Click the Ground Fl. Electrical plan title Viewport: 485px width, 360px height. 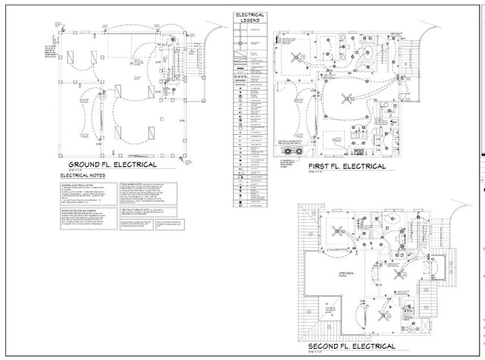[x=112, y=164]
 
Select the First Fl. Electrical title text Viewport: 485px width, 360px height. [x=346, y=166]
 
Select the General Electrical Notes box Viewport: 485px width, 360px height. [x=84, y=193]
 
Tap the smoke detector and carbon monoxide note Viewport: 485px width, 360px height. [x=84, y=220]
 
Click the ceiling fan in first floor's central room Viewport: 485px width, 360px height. [x=348, y=97]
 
